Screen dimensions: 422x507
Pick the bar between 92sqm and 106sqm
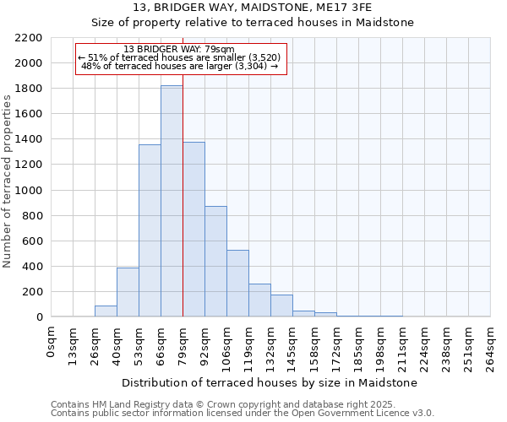click(x=215, y=262)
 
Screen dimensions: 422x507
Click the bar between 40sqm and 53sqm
click(x=128, y=292)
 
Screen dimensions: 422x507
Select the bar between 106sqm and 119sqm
click(x=237, y=284)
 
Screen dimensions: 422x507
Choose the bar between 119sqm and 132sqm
click(x=259, y=300)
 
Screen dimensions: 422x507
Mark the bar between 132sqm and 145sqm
click(x=281, y=306)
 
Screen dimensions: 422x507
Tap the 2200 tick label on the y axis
click(x=29, y=38)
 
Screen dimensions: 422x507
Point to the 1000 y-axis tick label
click(x=29, y=191)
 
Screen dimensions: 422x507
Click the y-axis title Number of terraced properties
click(x=8, y=181)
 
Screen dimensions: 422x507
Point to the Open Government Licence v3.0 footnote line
click(x=243, y=414)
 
